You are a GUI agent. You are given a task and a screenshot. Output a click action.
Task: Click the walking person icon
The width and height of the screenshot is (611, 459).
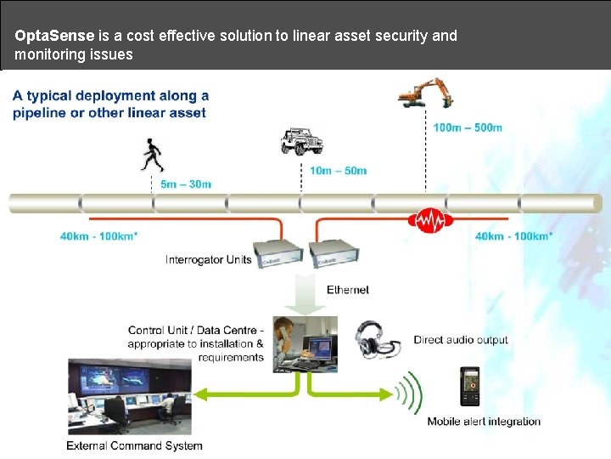[153, 156]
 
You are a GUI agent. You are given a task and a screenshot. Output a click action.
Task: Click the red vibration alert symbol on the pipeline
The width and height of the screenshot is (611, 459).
[430, 221]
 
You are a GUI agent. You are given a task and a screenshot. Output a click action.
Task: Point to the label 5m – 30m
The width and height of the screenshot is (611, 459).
[186, 184]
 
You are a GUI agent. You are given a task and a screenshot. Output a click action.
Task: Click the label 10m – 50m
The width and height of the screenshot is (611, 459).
[338, 170]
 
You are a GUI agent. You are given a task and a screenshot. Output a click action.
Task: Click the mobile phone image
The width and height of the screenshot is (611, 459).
[469, 387]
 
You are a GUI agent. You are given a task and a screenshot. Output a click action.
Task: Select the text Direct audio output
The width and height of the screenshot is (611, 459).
[460, 340]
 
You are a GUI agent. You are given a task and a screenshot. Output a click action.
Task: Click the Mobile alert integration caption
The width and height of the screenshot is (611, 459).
[484, 422]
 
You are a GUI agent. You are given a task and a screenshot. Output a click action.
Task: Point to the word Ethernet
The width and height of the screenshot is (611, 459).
[348, 290]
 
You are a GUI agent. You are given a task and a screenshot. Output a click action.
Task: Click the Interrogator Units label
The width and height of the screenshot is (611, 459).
[208, 259]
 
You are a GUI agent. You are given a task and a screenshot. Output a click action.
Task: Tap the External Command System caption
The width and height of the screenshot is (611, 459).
[134, 445]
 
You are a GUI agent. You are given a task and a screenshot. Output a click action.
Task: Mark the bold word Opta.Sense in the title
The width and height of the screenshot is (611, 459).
[55, 36]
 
